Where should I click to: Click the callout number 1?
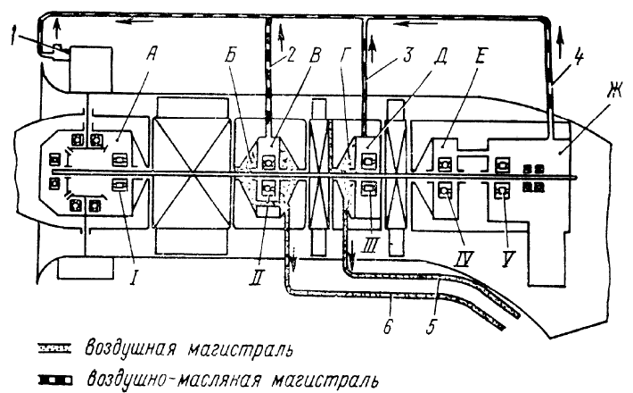pyautogui.click(x=14, y=39)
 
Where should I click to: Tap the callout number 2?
pyautogui.click(x=291, y=55)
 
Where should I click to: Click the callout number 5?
pyautogui.click(x=432, y=325)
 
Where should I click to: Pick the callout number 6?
pyautogui.click(x=388, y=325)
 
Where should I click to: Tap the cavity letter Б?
pyautogui.click(x=231, y=55)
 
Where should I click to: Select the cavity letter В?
pyautogui.click(x=316, y=55)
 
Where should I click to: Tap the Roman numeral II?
pyautogui.click(x=258, y=277)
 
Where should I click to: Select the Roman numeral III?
pyautogui.click(x=369, y=245)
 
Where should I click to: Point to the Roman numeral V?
pyautogui.click(x=507, y=259)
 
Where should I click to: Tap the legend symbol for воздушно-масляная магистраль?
pyautogui.click(x=55, y=380)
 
